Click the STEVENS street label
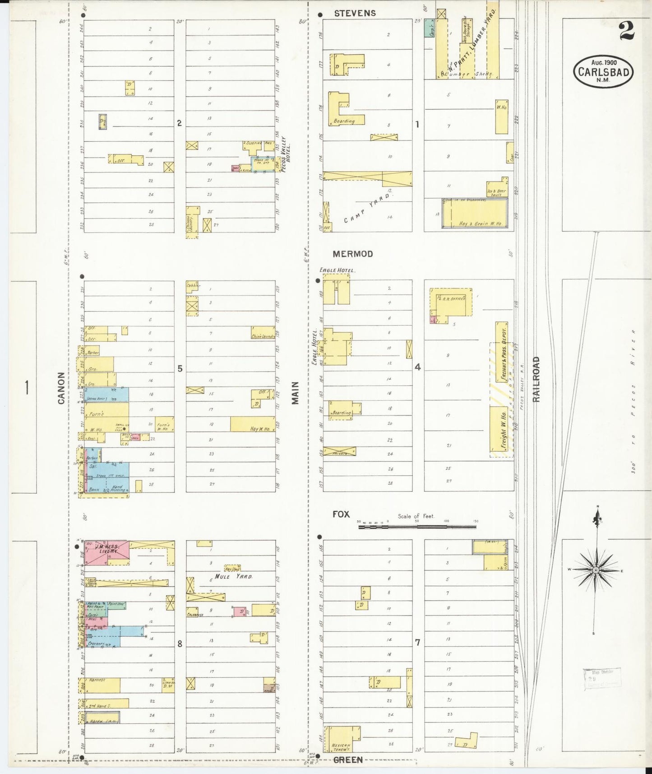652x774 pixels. [355, 14]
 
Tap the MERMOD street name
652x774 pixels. [353, 254]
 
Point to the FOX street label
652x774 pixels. [341, 514]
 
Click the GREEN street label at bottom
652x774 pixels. [348, 760]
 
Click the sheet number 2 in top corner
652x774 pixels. [627, 31]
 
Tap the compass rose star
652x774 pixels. [596, 570]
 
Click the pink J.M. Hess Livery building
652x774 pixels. [106, 552]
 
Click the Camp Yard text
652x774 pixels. [368, 208]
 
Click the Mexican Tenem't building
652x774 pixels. [342, 739]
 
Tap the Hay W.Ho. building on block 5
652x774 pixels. [253, 424]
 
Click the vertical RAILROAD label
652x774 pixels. [536, 379]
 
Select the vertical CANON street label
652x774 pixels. [62, 388]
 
